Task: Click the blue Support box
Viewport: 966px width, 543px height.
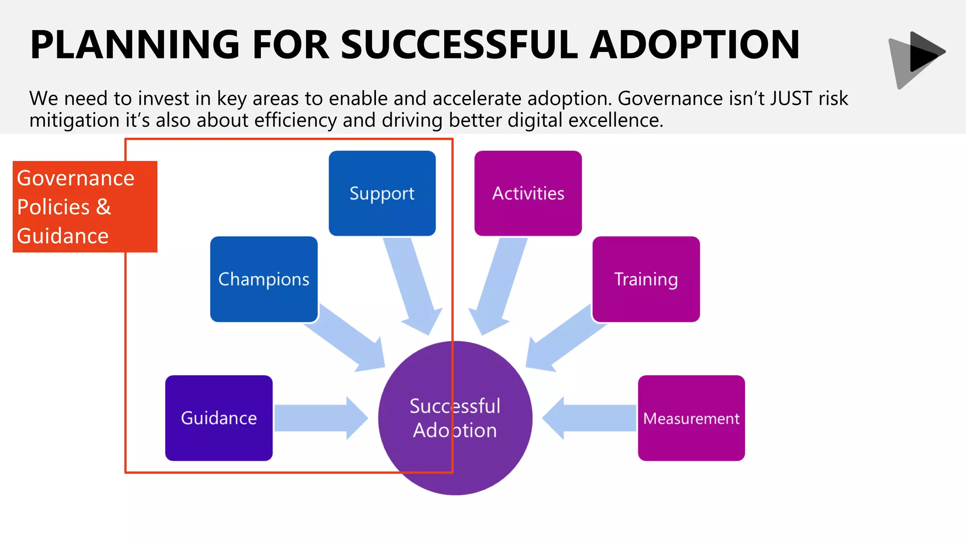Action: coord(382,193)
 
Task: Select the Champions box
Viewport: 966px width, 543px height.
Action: coord(264,279)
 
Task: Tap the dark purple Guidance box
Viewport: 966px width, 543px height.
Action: coord(219,418)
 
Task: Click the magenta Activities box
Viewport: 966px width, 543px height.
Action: coord(528,193)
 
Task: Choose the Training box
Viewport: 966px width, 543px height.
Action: coord(646,279)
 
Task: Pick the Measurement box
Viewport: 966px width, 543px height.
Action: coord(691,418)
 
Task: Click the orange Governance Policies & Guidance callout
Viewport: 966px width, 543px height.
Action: coord(85,206)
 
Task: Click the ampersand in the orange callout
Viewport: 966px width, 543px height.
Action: coord(103,207)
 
